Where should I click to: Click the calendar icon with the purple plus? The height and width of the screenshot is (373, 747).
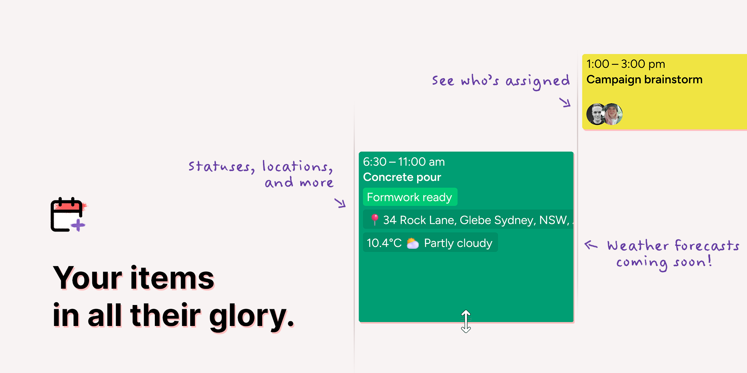tap(68, 214)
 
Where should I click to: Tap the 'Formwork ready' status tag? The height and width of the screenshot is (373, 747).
tap(410, 197)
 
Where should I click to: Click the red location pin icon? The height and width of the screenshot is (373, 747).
tap(374, 220)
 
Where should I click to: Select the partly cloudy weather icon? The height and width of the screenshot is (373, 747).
tap(413, 243)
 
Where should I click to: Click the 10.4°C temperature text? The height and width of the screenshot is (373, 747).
tap(384, 243)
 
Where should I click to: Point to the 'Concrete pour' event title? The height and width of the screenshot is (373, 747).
tap(402, 177)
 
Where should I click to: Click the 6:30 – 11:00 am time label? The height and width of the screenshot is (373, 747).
tap(404, 162)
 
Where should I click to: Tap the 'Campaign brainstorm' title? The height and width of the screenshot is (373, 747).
tap(644, 80)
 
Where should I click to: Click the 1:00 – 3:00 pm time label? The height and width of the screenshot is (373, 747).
tap(626, 64)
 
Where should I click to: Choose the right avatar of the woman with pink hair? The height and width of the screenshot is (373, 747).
tap(613, 114)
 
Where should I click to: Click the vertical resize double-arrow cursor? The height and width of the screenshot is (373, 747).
tap(466, 321)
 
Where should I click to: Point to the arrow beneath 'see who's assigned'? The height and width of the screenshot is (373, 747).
tap(565, 103)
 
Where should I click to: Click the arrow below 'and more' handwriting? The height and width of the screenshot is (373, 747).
tap(340, 203)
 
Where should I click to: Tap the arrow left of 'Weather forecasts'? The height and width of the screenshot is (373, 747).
tap(591, 245)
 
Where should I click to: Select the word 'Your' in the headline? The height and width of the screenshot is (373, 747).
tap(88, 278)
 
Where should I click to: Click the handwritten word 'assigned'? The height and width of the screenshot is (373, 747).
tap(538, 81)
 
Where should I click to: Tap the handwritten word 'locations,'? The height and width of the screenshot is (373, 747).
tap(298, 166)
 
